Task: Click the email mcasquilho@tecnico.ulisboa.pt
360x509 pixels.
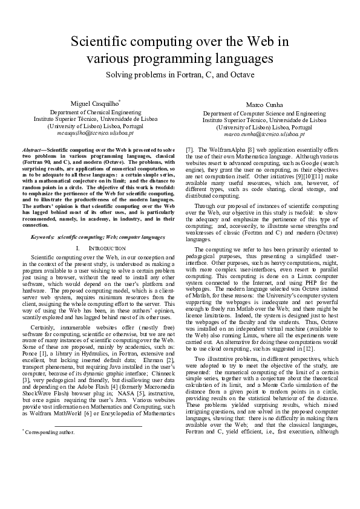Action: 96,131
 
